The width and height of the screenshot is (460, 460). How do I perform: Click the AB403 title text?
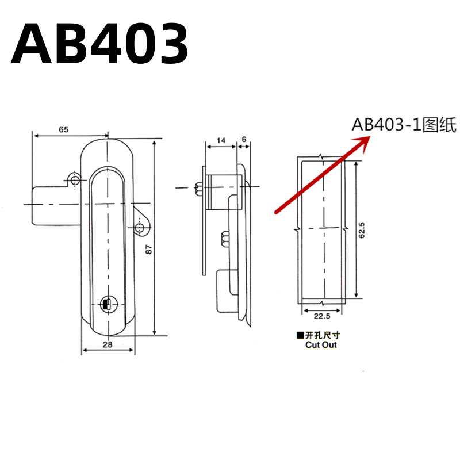99,44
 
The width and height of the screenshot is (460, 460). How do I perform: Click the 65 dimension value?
63,129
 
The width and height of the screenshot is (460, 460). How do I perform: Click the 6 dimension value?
244,140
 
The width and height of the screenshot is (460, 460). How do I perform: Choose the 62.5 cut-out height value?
363,230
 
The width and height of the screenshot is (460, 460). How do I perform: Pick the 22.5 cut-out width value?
322,315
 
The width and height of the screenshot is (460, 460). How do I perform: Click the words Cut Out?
321,345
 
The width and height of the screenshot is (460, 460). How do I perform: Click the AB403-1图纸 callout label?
404,125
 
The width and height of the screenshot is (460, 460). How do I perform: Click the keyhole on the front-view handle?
107,304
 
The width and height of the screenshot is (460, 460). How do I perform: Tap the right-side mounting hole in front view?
140,229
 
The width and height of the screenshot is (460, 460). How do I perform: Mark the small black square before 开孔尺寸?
299,336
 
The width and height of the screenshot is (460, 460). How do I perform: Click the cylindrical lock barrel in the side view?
221,190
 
